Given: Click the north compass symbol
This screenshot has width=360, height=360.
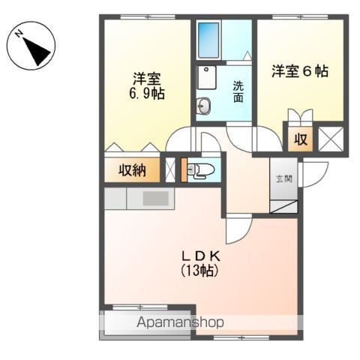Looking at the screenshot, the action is point(31,46).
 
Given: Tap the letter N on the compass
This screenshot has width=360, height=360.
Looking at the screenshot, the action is point(18,34).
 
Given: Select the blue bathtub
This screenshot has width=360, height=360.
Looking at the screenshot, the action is point(208,40).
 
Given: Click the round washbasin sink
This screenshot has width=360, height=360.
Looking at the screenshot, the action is point(203,106).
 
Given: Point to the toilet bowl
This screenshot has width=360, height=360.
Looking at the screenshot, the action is point(201,170).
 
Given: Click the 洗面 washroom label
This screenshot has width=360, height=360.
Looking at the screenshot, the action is point(238,91).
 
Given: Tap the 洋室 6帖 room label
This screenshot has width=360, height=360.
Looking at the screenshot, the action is point(300,71).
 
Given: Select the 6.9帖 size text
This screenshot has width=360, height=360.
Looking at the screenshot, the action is point(147,94).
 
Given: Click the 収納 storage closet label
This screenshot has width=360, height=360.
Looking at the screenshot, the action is point(132,171).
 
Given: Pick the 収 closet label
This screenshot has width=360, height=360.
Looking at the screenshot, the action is point(301,139).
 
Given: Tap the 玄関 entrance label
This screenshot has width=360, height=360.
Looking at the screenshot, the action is point(284,178).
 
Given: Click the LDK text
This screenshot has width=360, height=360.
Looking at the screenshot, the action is point(201,256).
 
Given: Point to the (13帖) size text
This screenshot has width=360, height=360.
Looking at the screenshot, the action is point(199,270).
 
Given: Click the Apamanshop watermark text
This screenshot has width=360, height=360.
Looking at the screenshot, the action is point(180,322).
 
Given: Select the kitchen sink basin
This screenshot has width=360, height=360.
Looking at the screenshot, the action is point(155,198).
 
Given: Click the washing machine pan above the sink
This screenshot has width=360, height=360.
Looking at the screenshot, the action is point(206,77).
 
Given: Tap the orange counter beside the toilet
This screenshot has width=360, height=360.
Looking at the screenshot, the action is point(184,169).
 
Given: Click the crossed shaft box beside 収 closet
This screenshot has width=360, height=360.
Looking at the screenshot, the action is point(331,139).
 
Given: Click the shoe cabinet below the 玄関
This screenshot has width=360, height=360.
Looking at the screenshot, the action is point(284,206).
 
